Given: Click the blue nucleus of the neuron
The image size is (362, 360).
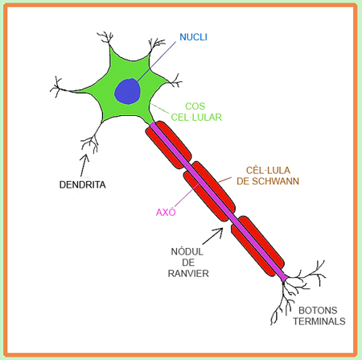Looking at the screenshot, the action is coord(128,91).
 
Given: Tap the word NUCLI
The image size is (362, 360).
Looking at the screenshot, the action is coord(193,37).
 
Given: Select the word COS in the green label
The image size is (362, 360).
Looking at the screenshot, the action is coord(195,106).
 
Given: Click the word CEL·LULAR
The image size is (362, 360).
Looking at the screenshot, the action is coord(196,118).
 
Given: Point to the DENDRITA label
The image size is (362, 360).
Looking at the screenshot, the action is coord(82,184).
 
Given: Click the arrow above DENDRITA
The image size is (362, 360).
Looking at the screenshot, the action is coord(84,165).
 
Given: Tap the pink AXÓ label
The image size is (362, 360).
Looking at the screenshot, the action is coord(166,212).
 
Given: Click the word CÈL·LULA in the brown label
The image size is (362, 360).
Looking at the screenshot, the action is coord(268,170).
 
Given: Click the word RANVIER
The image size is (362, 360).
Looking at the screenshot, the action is coord(188,274).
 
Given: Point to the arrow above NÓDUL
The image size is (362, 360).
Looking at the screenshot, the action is coord(213,236).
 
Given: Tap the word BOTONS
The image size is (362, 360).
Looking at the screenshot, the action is coord(318,310).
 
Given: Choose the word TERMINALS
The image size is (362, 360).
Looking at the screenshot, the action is coord(319,321).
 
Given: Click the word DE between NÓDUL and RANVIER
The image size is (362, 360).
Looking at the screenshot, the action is coord(188,263).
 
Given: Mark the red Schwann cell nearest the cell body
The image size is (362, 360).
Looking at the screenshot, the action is coord(168,145).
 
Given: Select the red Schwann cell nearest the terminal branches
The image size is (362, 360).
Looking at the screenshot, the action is coord(257,246).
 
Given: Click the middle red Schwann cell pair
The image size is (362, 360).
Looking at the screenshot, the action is coord(209,192).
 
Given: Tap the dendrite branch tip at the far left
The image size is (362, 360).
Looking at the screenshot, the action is coord(50,91).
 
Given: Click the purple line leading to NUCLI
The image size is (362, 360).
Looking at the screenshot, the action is coord(156,61).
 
